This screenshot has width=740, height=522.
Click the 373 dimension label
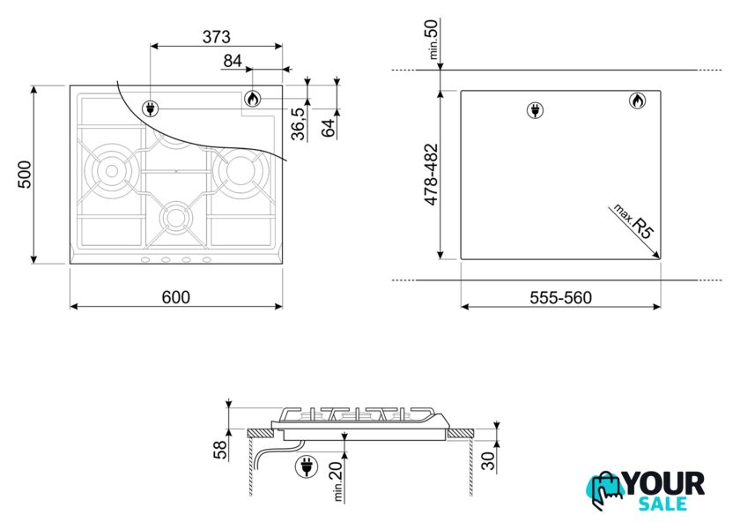217,36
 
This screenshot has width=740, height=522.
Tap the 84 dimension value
233,61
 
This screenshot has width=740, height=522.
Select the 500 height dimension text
25,175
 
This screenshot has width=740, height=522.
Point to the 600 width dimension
176,297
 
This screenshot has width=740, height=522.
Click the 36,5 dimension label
299,123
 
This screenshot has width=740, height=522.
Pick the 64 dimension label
329,128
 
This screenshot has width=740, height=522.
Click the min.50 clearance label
433,39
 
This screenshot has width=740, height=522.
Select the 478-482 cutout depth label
432,175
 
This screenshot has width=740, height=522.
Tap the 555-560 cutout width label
560,298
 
